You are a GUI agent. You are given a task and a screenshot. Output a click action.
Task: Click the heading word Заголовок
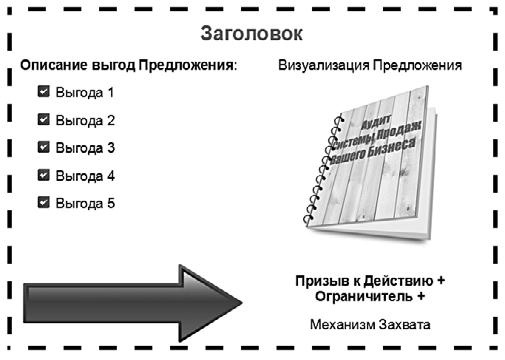(x=252, y=33)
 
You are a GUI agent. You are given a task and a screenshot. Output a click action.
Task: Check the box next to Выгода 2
(x=43, y=120)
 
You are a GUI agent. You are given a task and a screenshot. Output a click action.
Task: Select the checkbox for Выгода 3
(x=43, y=148)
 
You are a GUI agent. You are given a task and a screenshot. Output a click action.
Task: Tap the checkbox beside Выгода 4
(x=43, y=175)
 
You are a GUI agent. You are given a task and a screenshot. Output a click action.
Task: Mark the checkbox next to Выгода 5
(x=43, y=203)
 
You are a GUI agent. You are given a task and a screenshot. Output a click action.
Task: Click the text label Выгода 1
(x=85, y=93)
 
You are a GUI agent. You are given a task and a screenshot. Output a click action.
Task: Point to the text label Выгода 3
(x=85, y=148)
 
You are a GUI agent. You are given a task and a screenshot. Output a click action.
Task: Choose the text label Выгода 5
(x=85, y=203)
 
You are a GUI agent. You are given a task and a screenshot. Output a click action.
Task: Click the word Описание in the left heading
(x=51, y=67)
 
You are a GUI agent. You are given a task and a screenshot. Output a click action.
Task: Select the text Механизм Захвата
(x=371, y=325)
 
